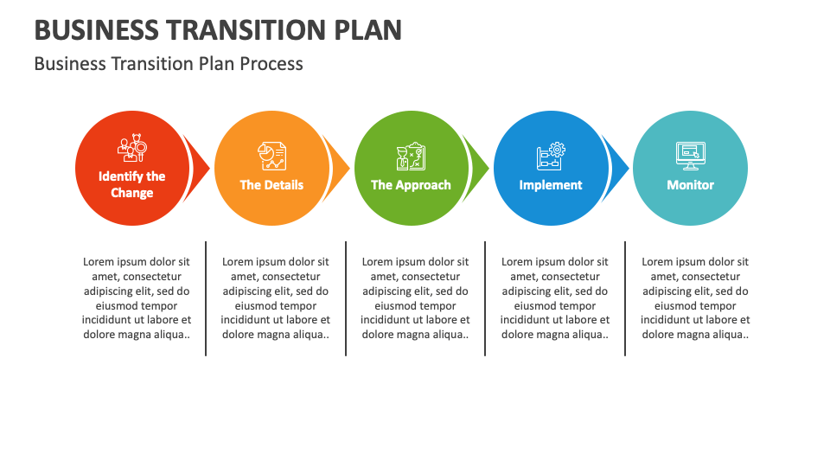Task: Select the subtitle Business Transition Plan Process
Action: pos(169,63)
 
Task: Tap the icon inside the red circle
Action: pos(131,149)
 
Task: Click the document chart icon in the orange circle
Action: pos(271,156)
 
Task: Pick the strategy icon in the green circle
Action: pos(411,157)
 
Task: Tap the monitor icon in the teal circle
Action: pos(690,156)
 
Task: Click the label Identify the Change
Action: pos(131,184)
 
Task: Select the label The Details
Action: pos(271,184)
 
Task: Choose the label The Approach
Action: pos(411,184)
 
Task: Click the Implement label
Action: pos(551,184)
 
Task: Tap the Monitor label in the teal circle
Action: pos(690,184)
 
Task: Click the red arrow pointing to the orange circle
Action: pos(200,169)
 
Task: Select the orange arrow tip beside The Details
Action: pos(340,169)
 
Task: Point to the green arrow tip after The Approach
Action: pos(479,169)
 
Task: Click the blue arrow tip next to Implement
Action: pos(619,169)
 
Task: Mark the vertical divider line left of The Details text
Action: pos(206,298)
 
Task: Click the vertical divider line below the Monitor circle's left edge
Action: pos(625,298)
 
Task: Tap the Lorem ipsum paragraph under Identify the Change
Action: pos(137,298)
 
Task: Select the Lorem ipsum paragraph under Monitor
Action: pos(695,298)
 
